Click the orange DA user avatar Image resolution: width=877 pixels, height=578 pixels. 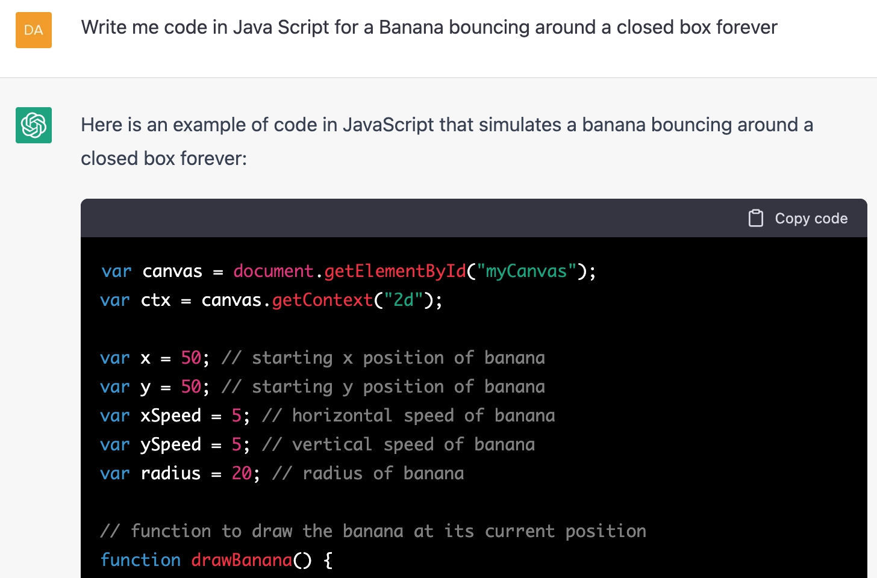click(34, 30)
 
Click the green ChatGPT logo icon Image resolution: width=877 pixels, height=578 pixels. click(34, 125)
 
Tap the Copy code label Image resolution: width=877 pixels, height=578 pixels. click(811, 219)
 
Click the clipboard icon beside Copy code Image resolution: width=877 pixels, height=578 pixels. click(755, 218)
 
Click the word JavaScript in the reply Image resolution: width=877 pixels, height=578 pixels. click(389, 125)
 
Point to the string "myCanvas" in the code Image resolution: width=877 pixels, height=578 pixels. click(526, 271)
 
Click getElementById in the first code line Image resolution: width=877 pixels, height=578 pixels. click(395, 271)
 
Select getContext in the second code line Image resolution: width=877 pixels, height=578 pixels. click(322, 300)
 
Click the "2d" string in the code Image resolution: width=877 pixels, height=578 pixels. click(404, 300)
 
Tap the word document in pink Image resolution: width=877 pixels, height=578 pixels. click(273, 271)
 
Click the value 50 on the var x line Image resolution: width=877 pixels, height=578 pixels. click(191, 358)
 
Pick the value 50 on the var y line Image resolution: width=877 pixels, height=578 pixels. click(191, 387)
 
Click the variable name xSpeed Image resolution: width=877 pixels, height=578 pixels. click(170, 415)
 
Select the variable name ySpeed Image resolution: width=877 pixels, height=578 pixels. click(170, 444)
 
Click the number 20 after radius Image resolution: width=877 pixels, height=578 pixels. click(242, 473)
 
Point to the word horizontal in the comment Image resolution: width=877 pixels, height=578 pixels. click(342, 415)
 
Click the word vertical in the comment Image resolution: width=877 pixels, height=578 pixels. click(332, 444)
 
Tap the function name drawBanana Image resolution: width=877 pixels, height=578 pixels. click(242, 560)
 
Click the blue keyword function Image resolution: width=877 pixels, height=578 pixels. click(140, 560)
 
